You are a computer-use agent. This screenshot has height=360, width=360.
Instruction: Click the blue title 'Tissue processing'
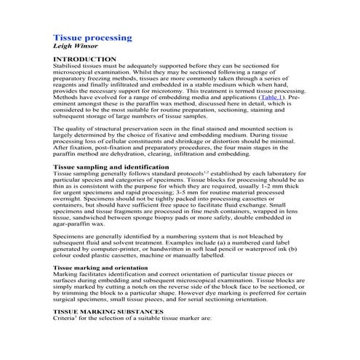(x=92, y=37)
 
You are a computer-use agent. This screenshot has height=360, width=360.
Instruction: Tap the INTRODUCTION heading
(x=85, y=59)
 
